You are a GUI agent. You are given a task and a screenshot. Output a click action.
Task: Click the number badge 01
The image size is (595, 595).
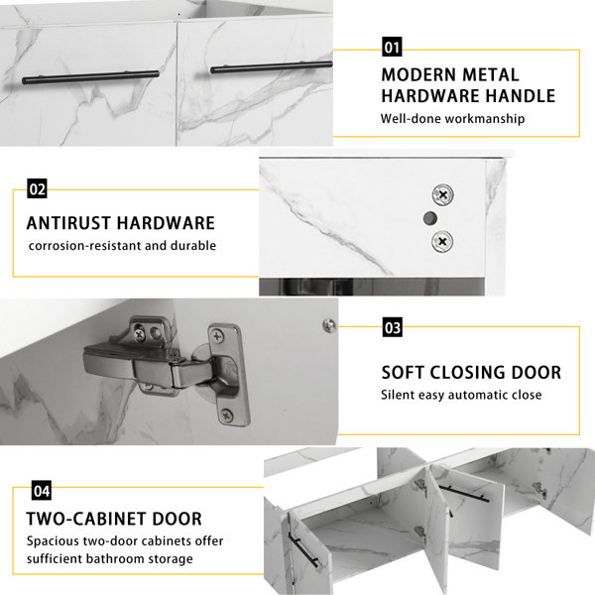(392, 47)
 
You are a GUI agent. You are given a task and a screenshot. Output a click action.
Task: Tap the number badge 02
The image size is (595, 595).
(38, 188)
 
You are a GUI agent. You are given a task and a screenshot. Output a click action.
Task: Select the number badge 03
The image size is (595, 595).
(393, 327)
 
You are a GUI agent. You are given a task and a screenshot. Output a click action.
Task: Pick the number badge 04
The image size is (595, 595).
(42, 491)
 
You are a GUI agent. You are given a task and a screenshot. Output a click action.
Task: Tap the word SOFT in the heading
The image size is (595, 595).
(403, 372)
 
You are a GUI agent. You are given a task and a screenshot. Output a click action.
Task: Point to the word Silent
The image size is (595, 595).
(398, 395)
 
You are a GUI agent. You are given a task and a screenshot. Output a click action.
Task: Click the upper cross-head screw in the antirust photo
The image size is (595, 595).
(443, 195)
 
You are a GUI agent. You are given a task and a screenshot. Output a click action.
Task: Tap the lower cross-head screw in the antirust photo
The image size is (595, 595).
(442, 241)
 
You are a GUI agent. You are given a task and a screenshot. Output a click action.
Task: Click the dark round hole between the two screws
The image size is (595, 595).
(430, 218)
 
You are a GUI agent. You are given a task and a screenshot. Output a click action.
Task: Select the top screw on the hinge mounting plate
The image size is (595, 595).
(218, 335)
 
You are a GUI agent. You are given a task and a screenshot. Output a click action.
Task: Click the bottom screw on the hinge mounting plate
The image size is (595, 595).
(227, 416)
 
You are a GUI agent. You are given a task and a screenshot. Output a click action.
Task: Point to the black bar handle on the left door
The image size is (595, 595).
(90, 77)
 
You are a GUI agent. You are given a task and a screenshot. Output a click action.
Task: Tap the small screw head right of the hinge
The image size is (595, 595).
(328, 325)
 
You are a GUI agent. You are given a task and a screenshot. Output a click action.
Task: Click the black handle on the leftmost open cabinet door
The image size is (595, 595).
(302, 548)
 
